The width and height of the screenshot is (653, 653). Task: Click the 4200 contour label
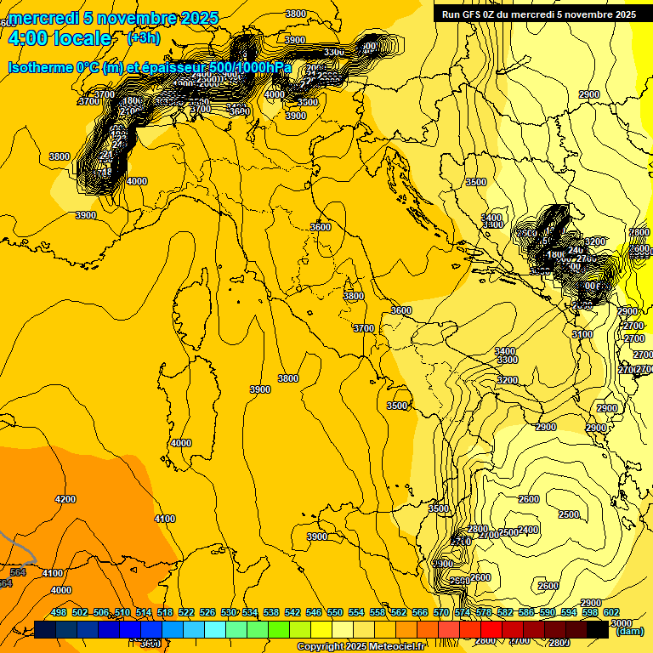pos(65,499)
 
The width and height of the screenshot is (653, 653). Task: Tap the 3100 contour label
pos(582,334)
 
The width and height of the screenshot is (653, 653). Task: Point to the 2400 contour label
pos(528,530)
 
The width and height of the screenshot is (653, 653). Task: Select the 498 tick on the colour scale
pos(59,612)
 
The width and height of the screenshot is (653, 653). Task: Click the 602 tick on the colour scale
pos(611,612)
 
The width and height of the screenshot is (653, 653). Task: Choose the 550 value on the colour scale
pos(335,612)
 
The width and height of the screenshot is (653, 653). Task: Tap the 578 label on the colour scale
pos(484,612)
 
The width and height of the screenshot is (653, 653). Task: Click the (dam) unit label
pos(628,631)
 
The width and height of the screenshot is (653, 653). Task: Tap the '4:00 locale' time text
pos(60,38)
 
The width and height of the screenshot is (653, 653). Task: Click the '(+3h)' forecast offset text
pos(143,37)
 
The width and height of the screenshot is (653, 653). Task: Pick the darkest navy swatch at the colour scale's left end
pos(45,629)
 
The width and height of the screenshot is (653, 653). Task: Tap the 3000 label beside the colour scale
pos(622,622)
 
